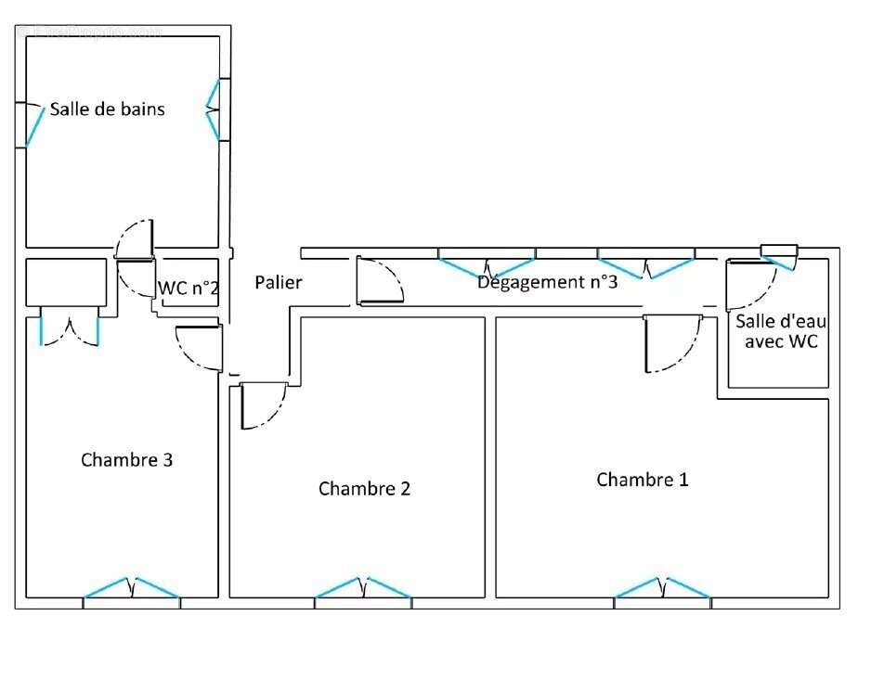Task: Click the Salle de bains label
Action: click(x=107, y=109)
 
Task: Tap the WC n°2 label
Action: click(x=188, y=288)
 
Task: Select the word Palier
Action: click(x=279, y=282)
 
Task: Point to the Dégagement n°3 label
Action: click(x=547, y=282)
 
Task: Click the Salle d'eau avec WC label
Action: click(x=780, y=332)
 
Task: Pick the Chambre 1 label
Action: click(x=643, y=480)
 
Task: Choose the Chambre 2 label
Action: click(x=364, y=488)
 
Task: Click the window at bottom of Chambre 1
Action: click(x=662, y=590)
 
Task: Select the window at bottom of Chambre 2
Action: click(x=363, y=590)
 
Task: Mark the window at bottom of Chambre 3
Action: click(x=132, y=590)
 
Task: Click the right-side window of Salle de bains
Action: click(x=214, y=110)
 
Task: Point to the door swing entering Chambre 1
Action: click(x=670, y=343)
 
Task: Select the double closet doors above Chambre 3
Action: click(x=70, y=330)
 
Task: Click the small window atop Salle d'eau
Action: click(x=779, y=251)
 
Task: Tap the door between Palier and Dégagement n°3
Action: click(x=379, y=282)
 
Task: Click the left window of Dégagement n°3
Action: click(x=486, y=263)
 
